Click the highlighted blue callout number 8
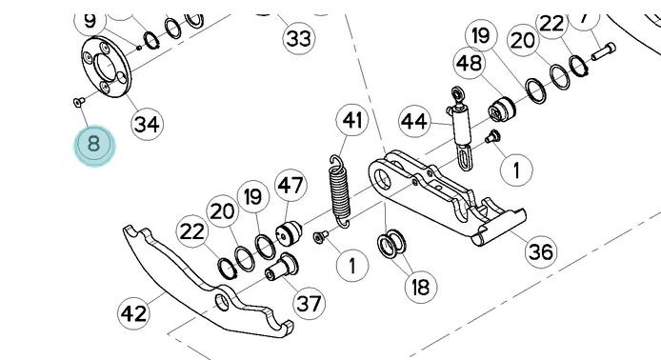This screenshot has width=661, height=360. (x=94, y=145)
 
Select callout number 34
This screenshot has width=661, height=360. (x=147, y=124)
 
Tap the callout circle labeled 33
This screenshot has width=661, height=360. (x=298, y=38)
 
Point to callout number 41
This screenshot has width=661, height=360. (x=352, y=120)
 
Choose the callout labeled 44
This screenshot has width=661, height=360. (x=414, y=121)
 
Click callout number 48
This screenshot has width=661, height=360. (x=470, y=63)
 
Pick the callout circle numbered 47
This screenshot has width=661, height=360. (x=290, y=185)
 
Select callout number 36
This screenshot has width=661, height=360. (x=541, y=251)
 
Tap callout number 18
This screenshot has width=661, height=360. (x=421, y=288)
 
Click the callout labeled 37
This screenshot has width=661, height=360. (x=309, y=303)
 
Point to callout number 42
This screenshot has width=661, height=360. (x=133, y=313)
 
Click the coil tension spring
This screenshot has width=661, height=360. (x=340, y=191)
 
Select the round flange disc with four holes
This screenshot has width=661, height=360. (x=107, y=67)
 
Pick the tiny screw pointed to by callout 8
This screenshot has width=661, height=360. (x=79, y=102)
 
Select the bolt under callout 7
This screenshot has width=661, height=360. (x=603, y=51)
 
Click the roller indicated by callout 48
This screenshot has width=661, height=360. (x=502, y=109)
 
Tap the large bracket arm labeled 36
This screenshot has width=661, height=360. (x=447, y=197)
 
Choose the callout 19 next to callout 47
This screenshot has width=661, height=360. (x=253, y=196)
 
